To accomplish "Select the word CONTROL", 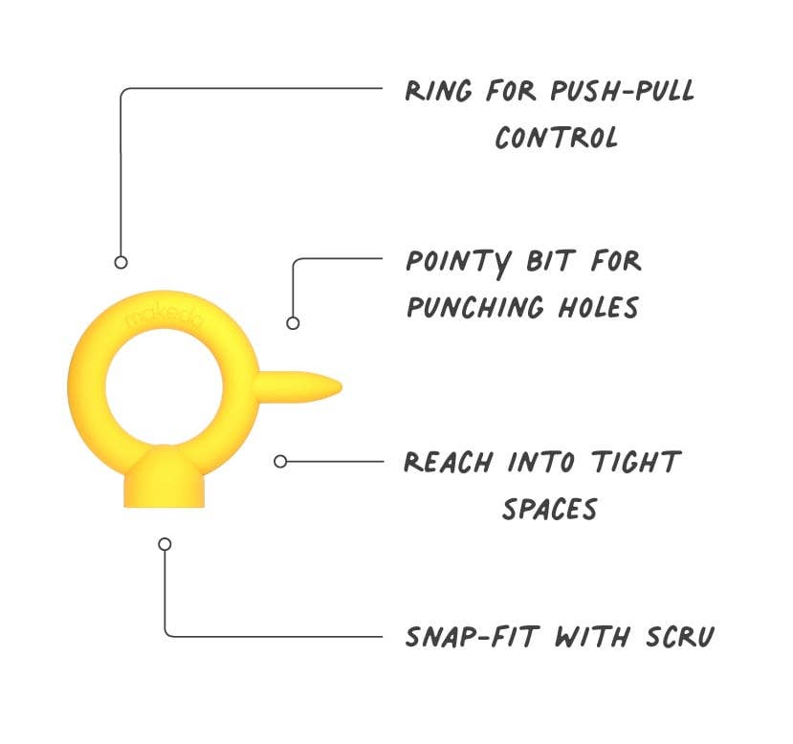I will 557,138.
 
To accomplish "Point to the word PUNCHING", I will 489,308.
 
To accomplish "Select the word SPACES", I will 549,509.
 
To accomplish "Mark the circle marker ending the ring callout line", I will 121,262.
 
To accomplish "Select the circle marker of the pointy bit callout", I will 293,323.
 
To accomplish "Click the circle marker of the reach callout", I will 280,462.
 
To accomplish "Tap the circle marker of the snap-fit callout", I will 165,544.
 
